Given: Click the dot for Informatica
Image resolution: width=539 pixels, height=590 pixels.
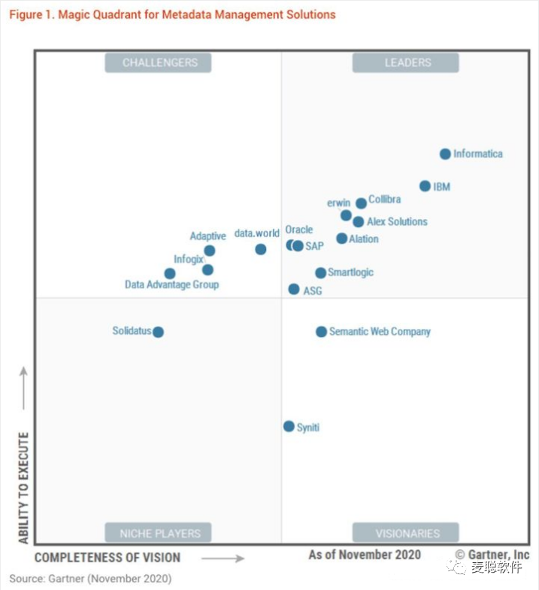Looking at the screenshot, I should tap(445, 154).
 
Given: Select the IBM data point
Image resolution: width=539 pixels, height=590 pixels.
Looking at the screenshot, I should tap(425, 186).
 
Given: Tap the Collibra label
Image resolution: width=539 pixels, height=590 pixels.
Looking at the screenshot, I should tap(384, 199).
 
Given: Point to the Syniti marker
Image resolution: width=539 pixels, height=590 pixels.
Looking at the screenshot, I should tap(289, 427).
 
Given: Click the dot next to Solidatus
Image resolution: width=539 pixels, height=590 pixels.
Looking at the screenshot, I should tap(158, 332).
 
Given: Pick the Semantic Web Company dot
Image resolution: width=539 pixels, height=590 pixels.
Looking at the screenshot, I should tap(321, 332).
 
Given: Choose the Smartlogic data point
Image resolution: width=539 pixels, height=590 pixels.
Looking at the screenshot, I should tap(320, 273).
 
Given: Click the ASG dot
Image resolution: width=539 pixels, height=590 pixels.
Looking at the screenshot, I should tap(294, 289).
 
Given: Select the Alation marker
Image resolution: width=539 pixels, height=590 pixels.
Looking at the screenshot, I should tap(342, 239).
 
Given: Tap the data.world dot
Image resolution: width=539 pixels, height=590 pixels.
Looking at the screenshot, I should tap(260, 249).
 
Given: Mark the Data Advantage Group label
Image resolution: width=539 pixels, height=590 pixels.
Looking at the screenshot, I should tap(171, 285).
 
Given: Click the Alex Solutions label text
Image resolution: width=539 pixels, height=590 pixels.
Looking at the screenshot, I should tap(397, 222).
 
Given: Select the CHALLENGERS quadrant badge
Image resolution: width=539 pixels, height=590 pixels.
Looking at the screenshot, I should tap(159, 63).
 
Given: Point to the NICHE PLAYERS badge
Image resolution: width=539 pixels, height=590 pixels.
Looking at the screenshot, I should tap(158, 534).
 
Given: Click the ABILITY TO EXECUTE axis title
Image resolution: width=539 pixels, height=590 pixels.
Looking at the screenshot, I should tap(23, 488).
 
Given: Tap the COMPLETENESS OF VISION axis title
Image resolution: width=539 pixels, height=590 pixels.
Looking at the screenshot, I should tap(107, 558).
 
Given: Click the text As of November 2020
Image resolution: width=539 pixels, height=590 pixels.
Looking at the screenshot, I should tap(365, 555).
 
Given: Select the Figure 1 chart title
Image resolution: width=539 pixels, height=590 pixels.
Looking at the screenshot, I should tap(172, 14).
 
